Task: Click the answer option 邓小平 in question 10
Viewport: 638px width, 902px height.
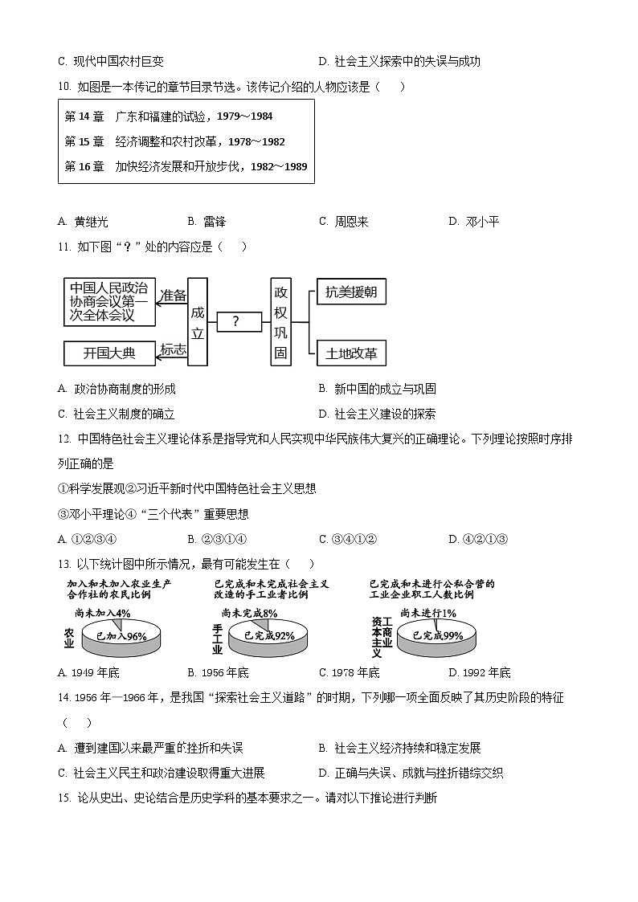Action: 481,222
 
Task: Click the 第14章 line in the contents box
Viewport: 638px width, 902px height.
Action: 169,116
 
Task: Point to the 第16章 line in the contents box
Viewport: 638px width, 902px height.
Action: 186,167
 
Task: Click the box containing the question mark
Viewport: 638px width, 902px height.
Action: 235,321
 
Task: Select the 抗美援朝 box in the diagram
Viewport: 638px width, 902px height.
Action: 351,292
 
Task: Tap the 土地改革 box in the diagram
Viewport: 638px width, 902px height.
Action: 351,353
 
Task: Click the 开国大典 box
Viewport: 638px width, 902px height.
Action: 110,353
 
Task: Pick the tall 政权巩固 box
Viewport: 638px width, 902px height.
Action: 280,321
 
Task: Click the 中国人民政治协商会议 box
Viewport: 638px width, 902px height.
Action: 108,301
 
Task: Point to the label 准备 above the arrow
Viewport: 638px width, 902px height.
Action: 174,295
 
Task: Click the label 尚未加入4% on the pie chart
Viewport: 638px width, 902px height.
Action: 108,614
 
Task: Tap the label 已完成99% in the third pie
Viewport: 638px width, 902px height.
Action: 437,636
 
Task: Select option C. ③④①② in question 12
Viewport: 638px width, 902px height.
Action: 348,539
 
